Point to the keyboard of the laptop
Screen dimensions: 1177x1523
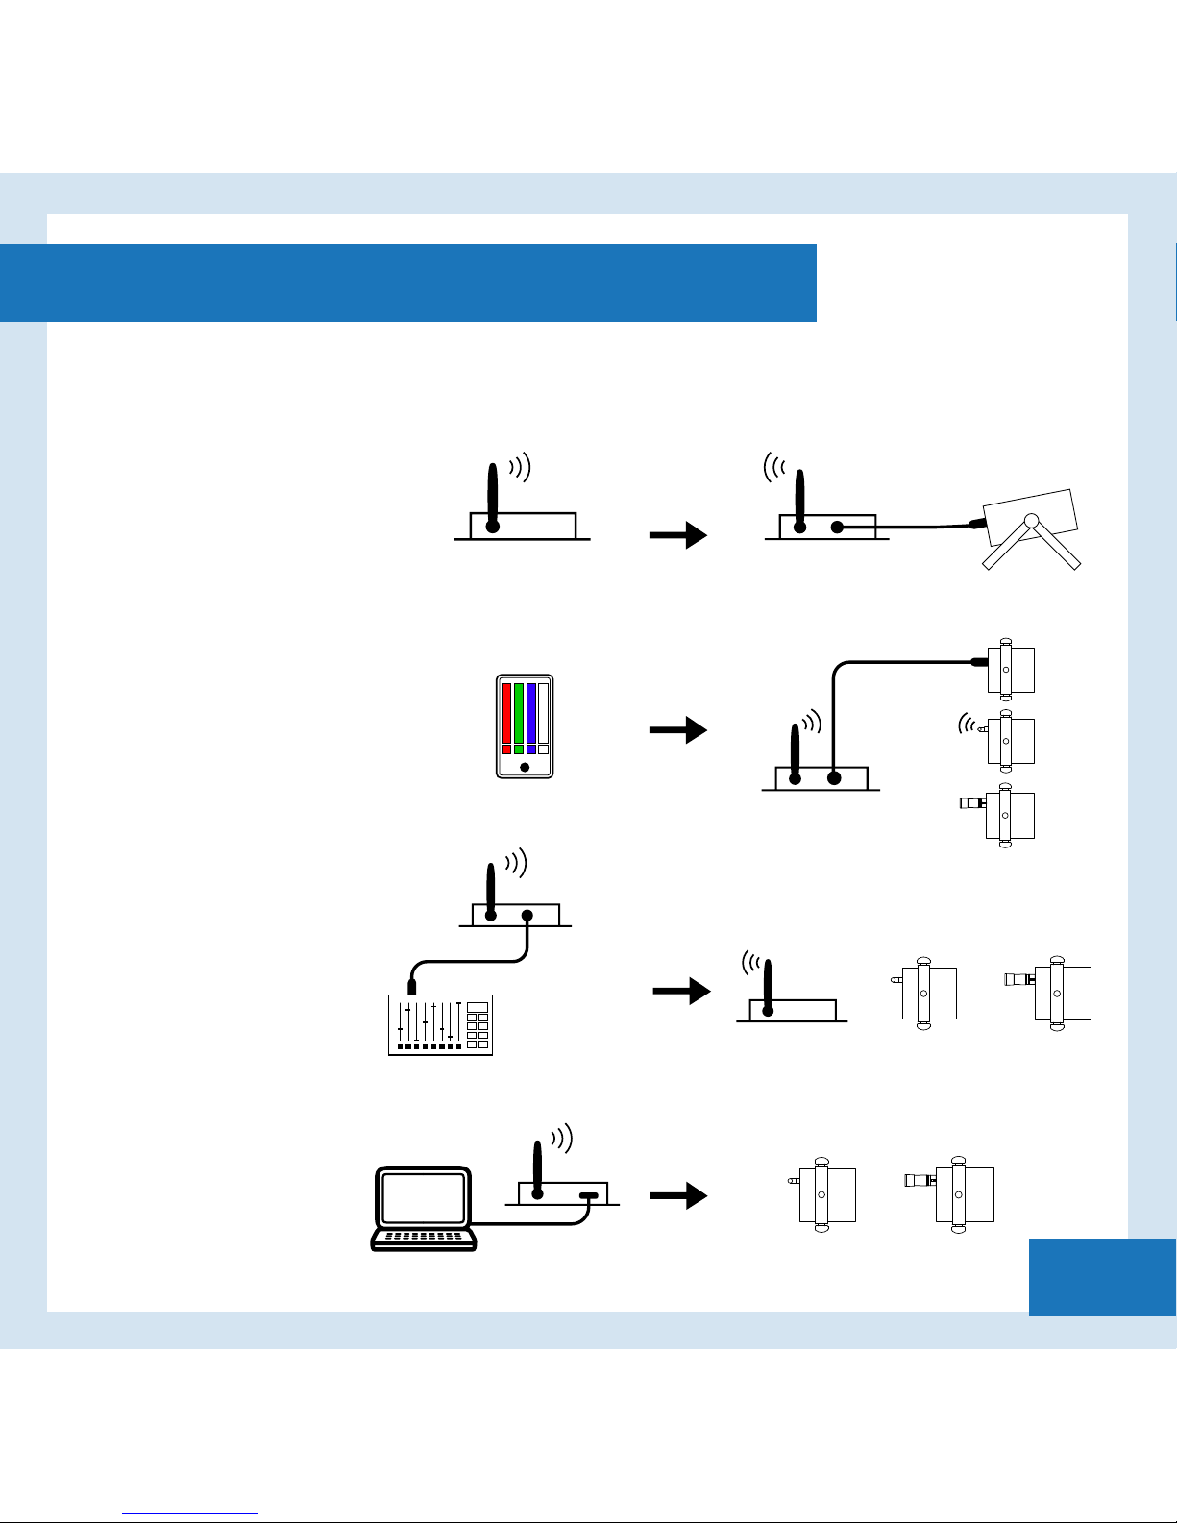pos(424,1238)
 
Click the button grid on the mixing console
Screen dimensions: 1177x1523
pos(478,1025)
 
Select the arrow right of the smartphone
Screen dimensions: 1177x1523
pos(678,730)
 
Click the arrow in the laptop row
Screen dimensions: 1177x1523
pos(678,1196)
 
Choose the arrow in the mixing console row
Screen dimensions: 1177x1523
pos(681,992)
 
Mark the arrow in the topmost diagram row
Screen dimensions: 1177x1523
pos(678,536)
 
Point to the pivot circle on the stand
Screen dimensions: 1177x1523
pos(1031,521)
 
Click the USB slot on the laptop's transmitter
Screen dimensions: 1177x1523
pos(588,1196)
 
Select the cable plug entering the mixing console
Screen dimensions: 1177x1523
pos(412,986)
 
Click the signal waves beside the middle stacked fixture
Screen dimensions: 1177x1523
pos(967,725)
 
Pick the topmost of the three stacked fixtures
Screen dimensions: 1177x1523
pos(1009,670)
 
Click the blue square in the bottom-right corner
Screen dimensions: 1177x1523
pos(1102,1277)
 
